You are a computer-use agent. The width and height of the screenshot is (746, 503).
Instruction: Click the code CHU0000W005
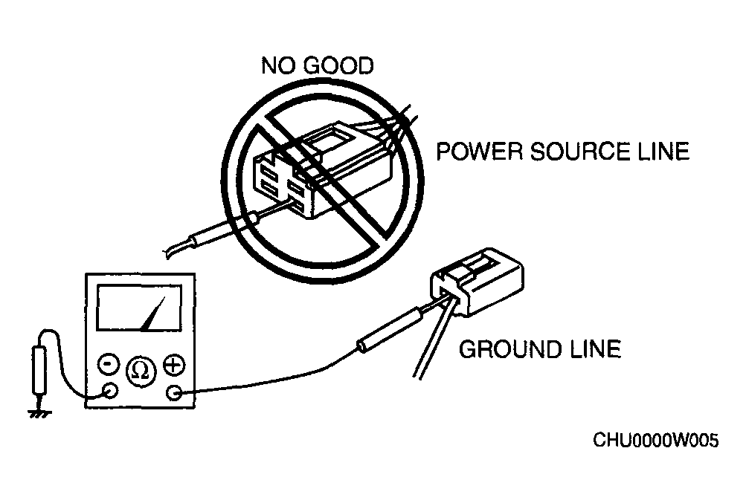coord(655,441)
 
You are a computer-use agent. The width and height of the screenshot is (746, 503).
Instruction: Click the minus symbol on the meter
coord(109,364)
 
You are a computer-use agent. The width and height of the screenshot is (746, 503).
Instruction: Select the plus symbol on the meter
coord(174,365)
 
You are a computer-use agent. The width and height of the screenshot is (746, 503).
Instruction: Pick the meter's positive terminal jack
coord(175,393)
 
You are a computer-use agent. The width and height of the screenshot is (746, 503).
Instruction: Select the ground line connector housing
coord(477,282)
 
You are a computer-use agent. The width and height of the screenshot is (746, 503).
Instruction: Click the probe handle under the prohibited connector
coord(225,229)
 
